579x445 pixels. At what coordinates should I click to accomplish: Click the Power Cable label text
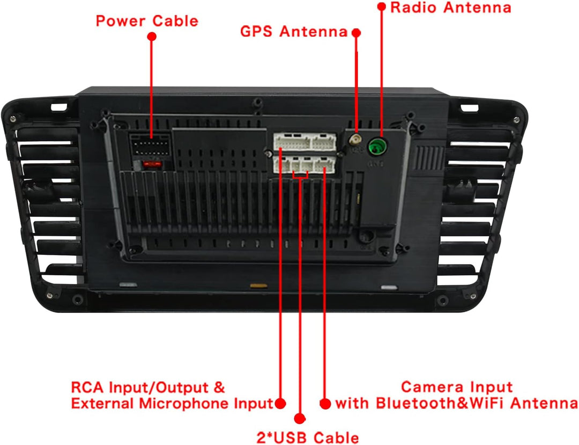147,21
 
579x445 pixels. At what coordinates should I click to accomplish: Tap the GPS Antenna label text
294,32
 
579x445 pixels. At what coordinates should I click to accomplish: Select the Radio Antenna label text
451,8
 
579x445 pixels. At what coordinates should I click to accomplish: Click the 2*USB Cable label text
308,437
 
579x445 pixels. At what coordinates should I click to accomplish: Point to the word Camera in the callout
428,387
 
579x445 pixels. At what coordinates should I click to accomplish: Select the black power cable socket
151,144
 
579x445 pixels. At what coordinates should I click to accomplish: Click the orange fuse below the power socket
152,164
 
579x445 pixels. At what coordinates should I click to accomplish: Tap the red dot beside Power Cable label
151,36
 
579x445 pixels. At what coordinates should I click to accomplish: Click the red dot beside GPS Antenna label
356,33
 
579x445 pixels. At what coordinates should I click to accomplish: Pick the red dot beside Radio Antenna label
382,6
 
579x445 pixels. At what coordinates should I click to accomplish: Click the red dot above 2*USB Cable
300,418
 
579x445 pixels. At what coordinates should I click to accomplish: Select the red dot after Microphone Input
280,403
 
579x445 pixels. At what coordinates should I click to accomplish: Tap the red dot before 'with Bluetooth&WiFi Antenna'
325,404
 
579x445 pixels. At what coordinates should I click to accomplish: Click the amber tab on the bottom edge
258,286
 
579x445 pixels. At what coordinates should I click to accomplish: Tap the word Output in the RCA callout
182,388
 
